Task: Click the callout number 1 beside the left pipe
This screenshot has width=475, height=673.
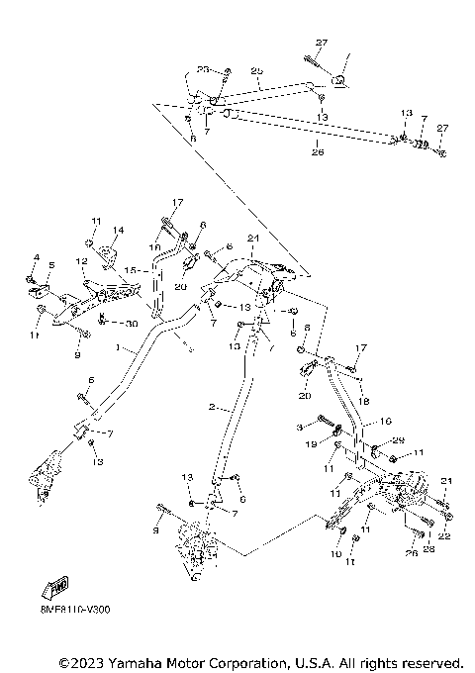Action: pyautogui.click(x=119, y=348)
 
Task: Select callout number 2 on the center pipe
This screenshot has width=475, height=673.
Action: pyautogui.click(x=212, y=407)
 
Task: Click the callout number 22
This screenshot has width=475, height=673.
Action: pyautogui.click(x=445, y=535)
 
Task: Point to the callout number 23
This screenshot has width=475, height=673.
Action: pyautogui.click(x=202, y=69)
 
